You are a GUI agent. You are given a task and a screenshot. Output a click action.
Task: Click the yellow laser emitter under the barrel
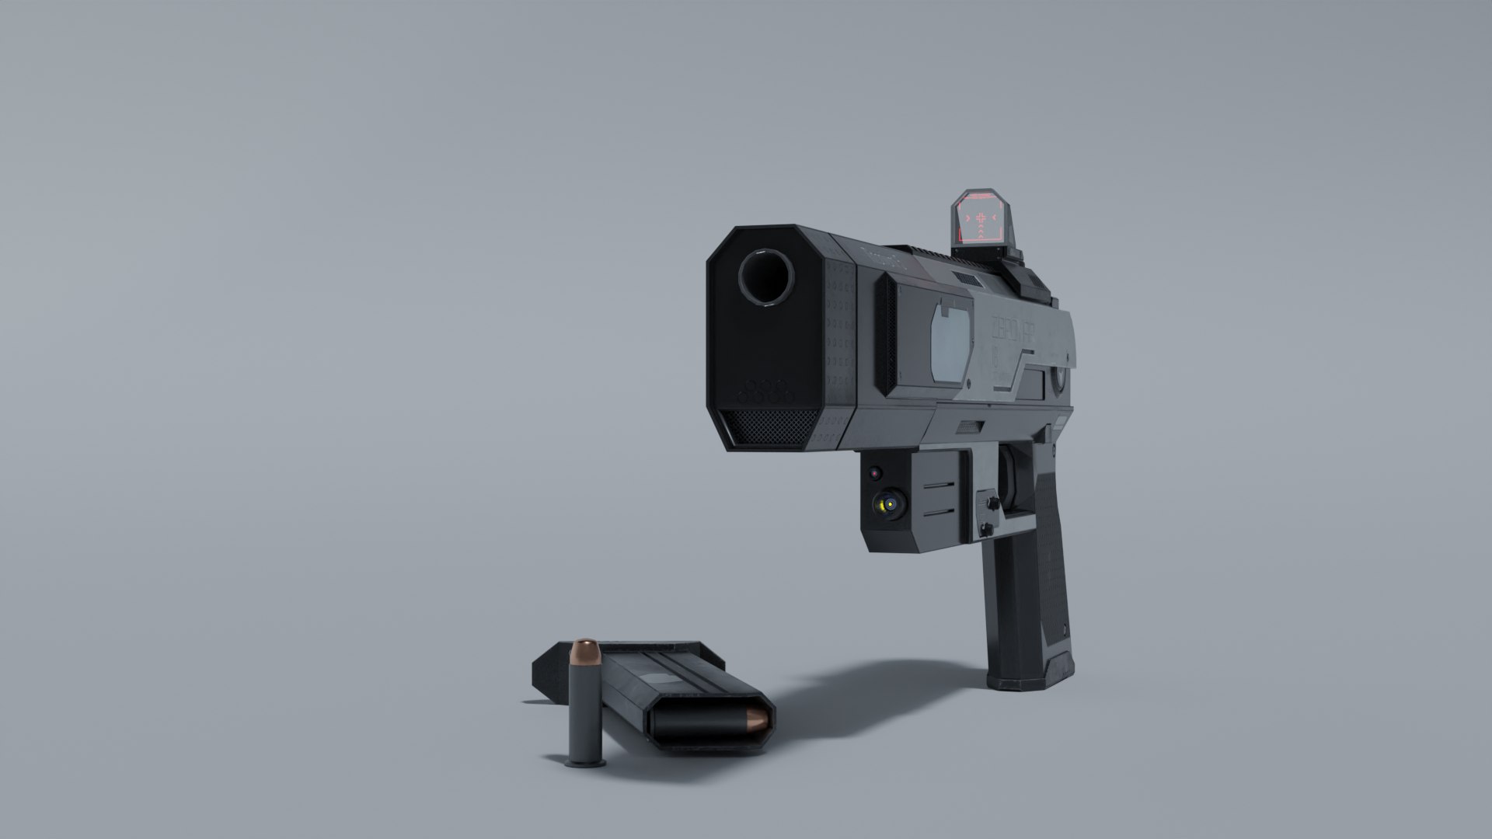[884, 506]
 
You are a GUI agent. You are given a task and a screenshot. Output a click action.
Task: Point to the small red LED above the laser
[875, 472]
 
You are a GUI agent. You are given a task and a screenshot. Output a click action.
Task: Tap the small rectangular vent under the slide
[969, 426]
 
